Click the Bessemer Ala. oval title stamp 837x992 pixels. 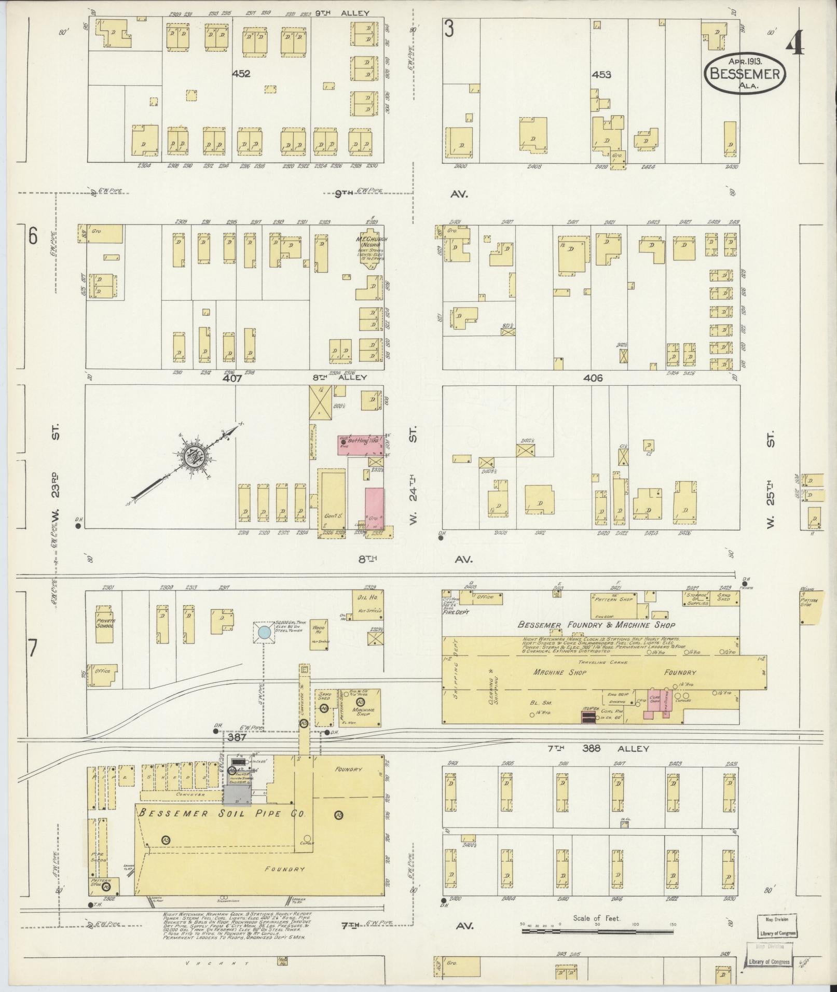[x=745, y=75]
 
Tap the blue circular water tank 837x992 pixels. [x=264, y=632]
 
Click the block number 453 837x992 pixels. [x=601, y=74]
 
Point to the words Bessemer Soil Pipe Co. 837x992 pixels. [x=221, y=813]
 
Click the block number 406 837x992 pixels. [x=593, y=379]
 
